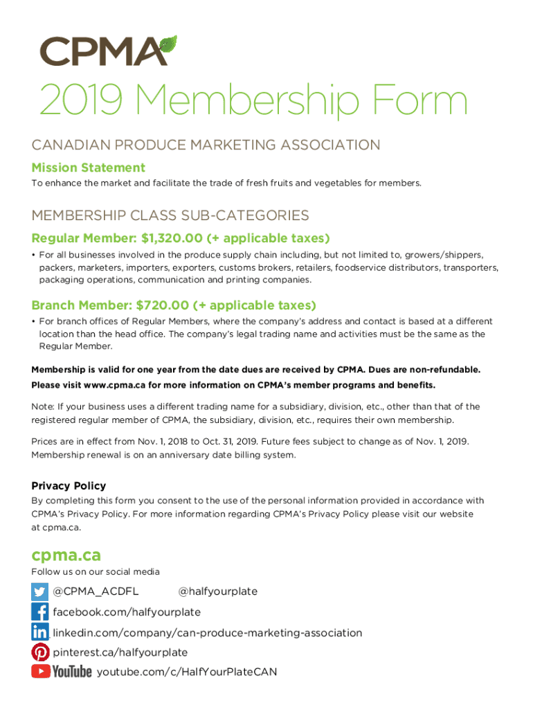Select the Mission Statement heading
tap(88, 168)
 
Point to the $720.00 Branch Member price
tap(163, 305)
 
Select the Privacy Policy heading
tap(69, 486)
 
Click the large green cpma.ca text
tap(66, 555)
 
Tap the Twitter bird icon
tap(40, 591)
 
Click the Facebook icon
tap(40, 611)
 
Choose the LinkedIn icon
tap(40, 631)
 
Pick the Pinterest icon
tap(40, 652)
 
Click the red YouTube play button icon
tap(40, 671)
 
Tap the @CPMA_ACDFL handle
tap(96, 591)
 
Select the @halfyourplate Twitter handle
tap(217, 591)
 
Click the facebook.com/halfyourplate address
tap(127, 612)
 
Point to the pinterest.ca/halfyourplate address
tap(120, 652)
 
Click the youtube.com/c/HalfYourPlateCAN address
tap(187, 672)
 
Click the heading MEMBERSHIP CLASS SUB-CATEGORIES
tap(170, 215)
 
